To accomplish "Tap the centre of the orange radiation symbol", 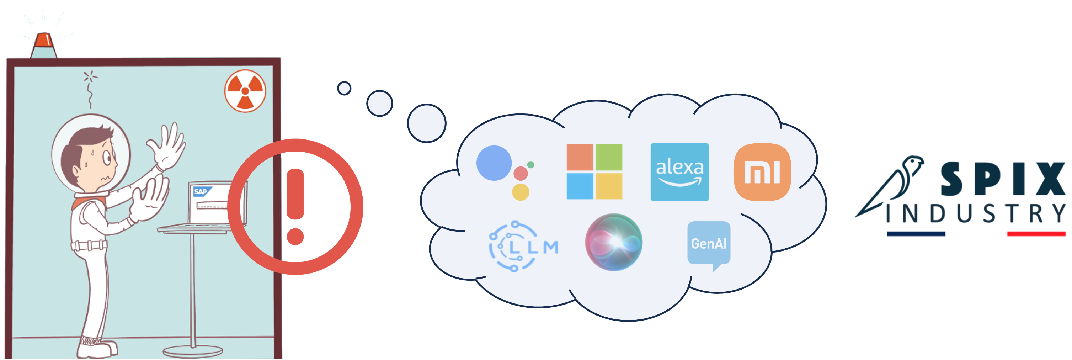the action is click(245, 91).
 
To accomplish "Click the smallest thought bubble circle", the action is click(344, 88).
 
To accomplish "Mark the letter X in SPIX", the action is click(1050, 179).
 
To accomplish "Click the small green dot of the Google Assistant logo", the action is click(530, 165).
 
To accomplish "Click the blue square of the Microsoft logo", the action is click(580, 186).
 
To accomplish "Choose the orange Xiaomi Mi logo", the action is click(762, 172).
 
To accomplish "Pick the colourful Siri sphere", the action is click(613, 242).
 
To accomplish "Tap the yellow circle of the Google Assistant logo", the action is click(520, 192).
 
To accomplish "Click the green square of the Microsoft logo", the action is click(609, 157).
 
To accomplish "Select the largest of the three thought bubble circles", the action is click(427, 123).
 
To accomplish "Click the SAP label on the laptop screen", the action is click(201, 191).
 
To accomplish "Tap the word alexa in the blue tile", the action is click(679, 167).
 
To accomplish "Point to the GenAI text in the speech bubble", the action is click(709, 243).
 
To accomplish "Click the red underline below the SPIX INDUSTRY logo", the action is click(1036, 234).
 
